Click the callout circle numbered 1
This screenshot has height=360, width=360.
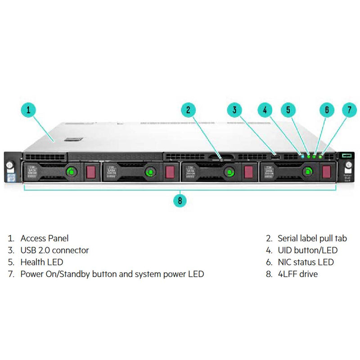click(28, 109)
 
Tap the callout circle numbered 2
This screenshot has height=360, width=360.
click(189, 109)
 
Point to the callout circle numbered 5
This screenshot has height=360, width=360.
click(288, 109)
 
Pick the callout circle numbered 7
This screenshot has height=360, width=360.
click(349, 109)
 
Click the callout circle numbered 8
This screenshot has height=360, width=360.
click(180, 200)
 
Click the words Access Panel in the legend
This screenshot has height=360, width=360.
click(45, 238)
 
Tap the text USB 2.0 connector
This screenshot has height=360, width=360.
click(54, 250)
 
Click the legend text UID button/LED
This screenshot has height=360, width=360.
click(307, 250)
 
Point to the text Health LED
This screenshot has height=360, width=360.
click(41, 262)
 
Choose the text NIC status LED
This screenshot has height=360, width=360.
click(306, 262)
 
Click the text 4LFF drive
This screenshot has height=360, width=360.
click(297, 274)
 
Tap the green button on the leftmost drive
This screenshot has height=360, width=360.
click(70, 171)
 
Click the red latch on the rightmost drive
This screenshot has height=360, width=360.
click(326, 171)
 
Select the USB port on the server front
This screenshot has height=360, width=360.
click(276, 157)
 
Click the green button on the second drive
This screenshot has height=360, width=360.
click(149, 171)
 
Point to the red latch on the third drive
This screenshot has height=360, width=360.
click(247, 171)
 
